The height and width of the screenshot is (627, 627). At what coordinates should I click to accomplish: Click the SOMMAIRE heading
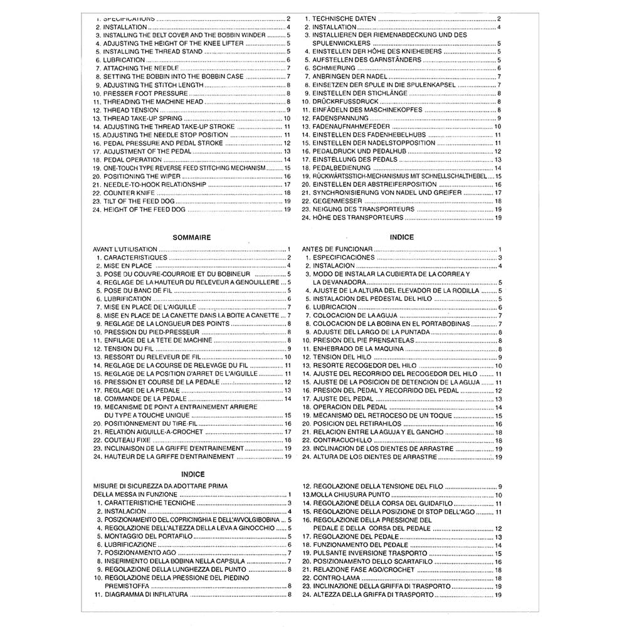click(191, 238)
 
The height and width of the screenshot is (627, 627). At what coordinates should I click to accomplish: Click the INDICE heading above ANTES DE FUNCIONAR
click(401, 238)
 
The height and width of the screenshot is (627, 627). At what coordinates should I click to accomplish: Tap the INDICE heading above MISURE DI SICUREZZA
click(192, 475)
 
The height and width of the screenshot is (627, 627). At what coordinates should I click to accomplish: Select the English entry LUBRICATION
click(124, 60)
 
